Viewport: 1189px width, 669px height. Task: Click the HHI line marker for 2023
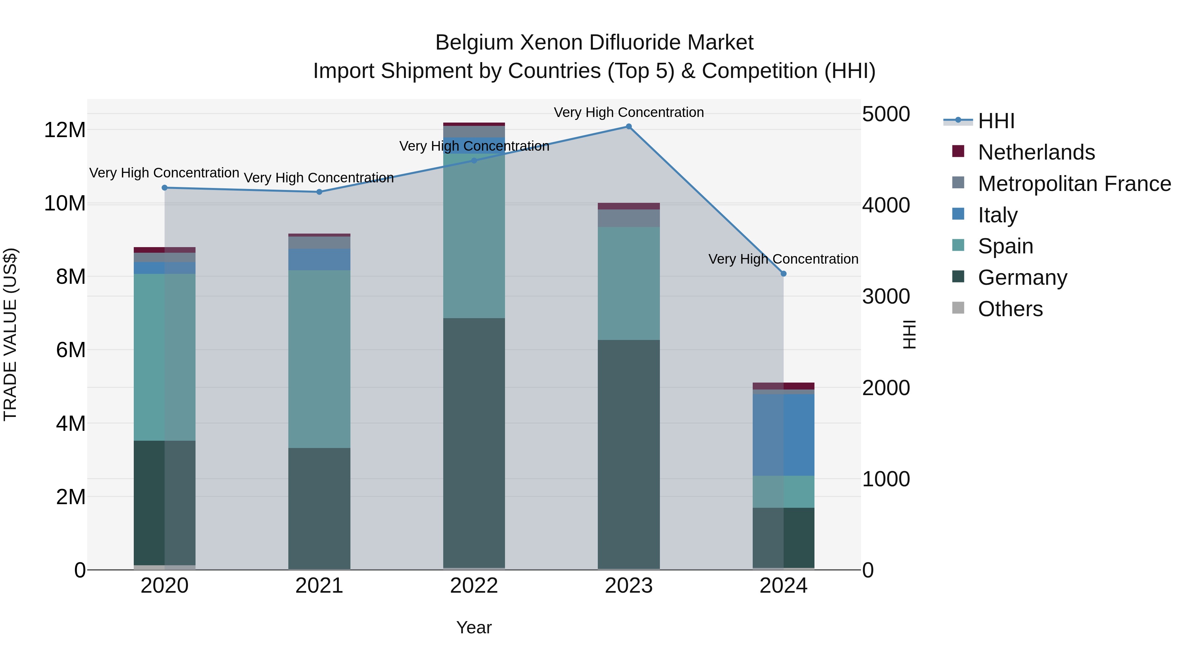click(629, 127)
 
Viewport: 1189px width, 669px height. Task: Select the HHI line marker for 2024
click(783, 274)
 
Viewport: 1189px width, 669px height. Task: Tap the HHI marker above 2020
click(165, 188)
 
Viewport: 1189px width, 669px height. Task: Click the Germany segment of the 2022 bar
click(474, 443)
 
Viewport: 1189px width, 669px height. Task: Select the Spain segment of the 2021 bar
click(319, 359)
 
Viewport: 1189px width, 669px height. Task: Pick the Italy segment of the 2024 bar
click(783, 435)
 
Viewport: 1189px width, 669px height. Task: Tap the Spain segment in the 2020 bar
click(165, 357)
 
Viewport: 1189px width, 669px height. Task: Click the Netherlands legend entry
click(1036, 152)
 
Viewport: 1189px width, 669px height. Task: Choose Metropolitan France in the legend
click(1074, 184)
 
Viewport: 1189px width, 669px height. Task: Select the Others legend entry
click(1010, 309)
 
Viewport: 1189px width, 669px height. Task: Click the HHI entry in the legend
click(996, 121)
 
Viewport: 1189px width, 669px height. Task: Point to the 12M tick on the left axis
click(65, 130)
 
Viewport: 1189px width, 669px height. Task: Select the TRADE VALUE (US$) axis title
click(10, 334)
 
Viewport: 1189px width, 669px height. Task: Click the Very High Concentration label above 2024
click(783, 259)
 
